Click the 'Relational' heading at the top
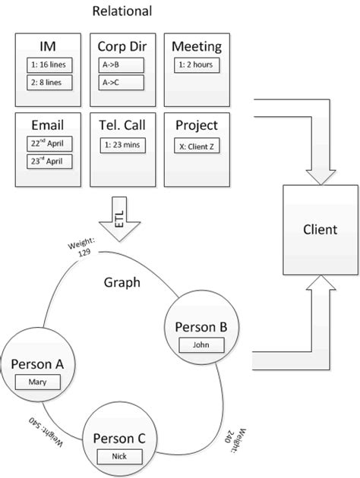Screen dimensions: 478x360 (122, 11)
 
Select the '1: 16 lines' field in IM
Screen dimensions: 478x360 (48, 64)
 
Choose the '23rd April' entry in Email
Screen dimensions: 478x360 (48, 161)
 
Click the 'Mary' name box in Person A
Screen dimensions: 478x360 (37, 382)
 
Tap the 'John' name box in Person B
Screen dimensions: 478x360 (201, 344)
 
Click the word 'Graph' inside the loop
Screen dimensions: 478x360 (122, 283)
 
